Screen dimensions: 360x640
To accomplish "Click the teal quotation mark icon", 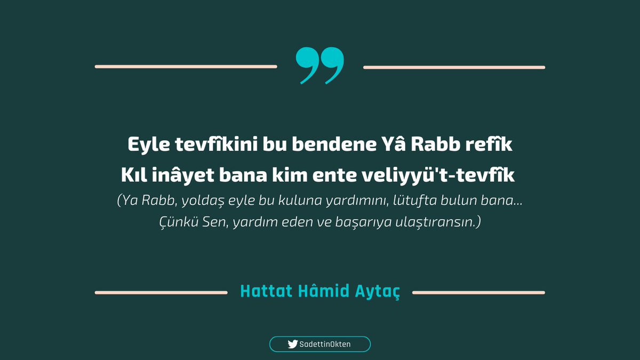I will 319,66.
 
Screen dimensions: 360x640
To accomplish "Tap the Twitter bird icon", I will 292,345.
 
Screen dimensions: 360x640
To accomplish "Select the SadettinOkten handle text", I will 325,345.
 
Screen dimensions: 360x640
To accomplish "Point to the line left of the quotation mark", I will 186,67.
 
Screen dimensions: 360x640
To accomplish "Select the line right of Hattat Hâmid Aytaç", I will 478,292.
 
